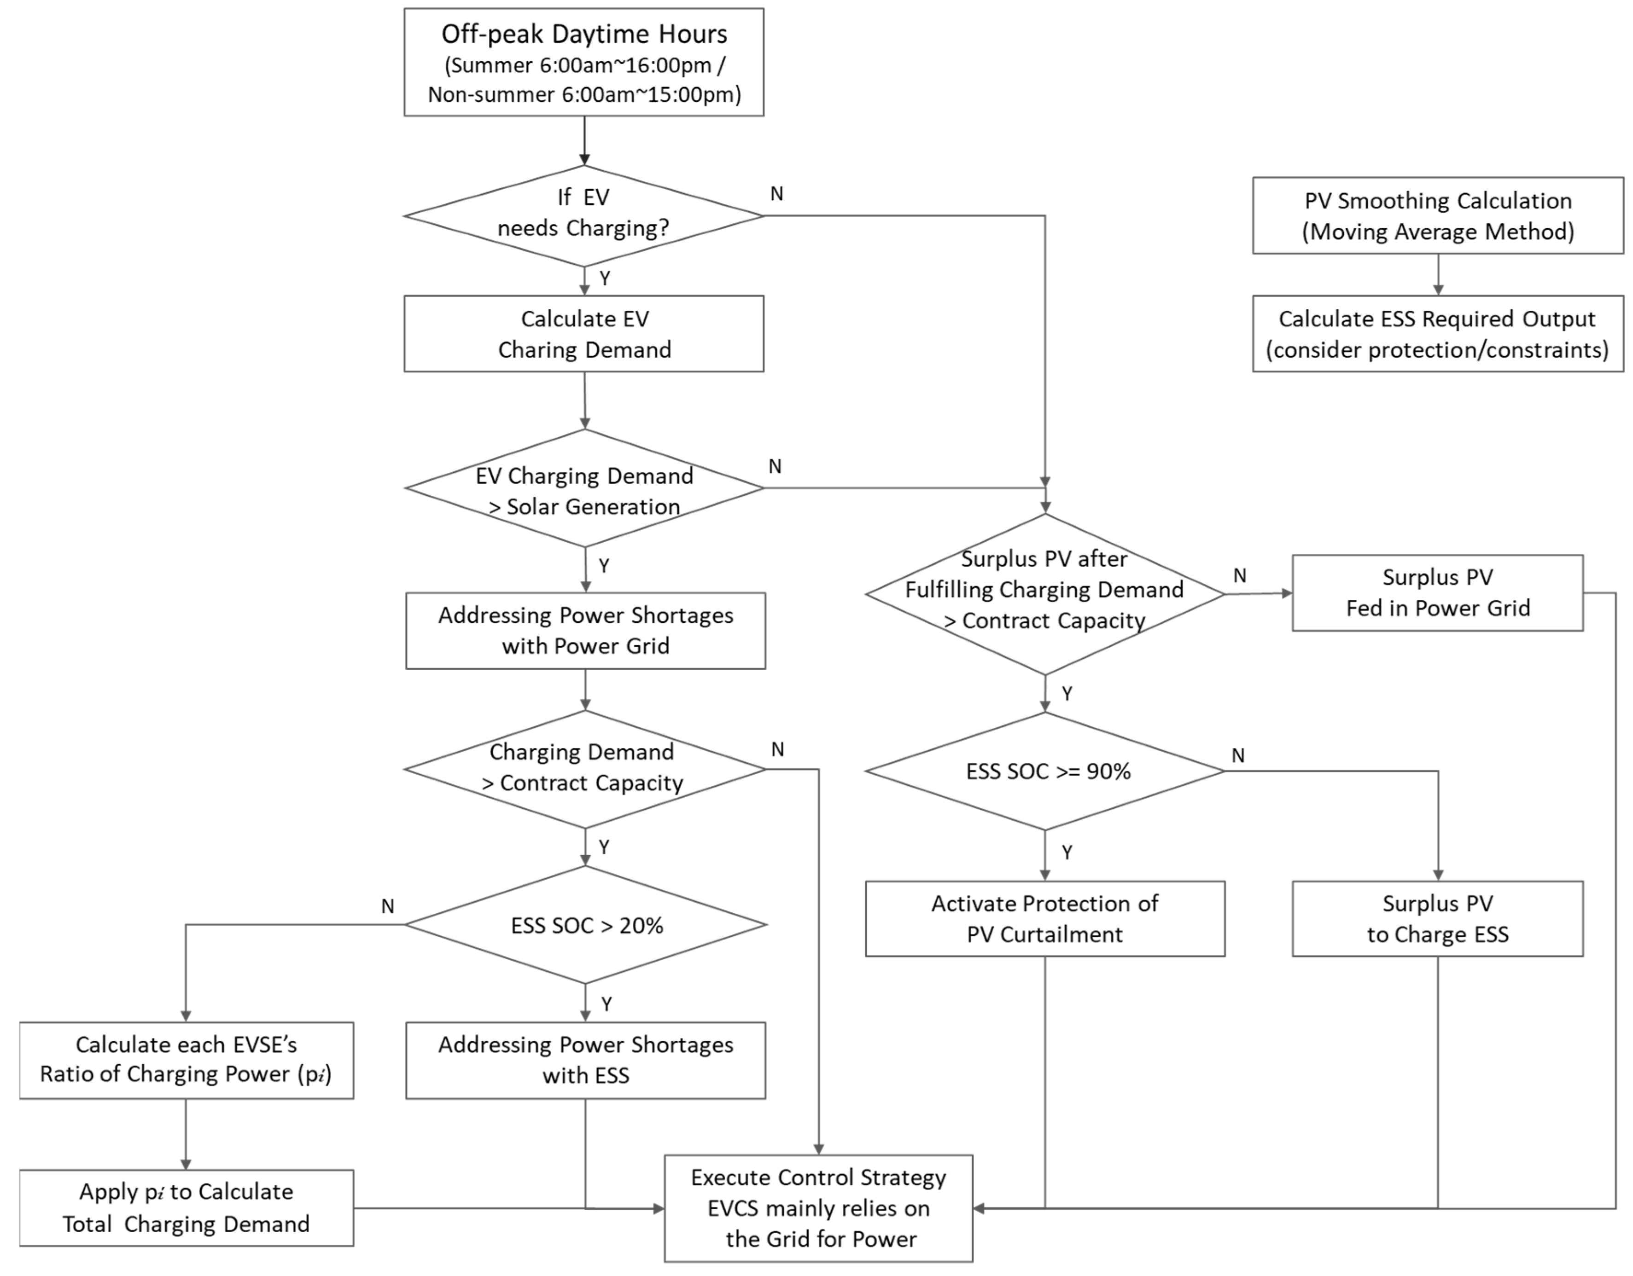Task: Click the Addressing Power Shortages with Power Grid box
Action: (x=585, y=630)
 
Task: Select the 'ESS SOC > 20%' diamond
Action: (x=585, y=925)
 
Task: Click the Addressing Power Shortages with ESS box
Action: (x=585, y=1060)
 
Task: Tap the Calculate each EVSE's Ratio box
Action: (x=186, y=1060)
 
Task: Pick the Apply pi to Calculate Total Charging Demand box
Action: (x=186, y=1207)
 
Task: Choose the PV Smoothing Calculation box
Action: (x=1437, y=215)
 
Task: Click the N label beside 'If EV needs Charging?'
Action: (x=777, y=194)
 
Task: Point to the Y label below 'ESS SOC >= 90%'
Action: (x=1067, y=852)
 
